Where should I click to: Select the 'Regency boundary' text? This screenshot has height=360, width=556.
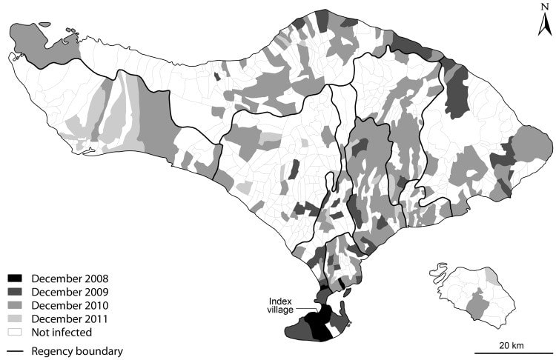click(76, 351)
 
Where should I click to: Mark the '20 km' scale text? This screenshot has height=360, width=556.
click(512, 346)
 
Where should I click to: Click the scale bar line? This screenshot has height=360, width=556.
click(511, 353)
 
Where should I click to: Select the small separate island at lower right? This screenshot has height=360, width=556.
click(474, 293)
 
